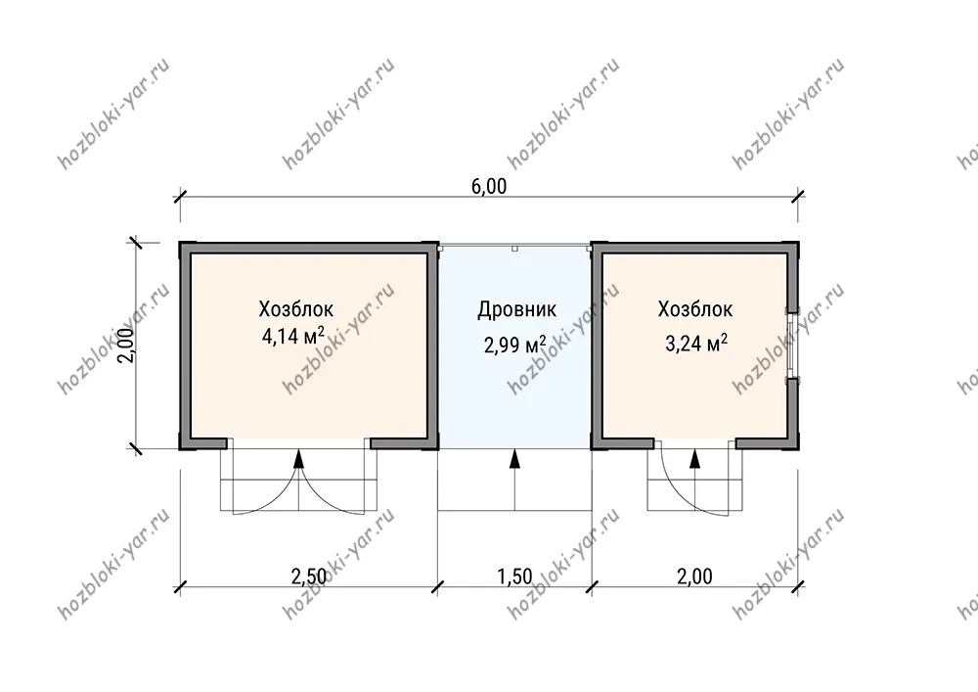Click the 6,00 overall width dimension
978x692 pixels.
(x=489, y=187)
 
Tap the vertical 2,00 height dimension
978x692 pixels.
(x=126, y=346)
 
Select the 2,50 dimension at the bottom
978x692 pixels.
(x=309, y=576)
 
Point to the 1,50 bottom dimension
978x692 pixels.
(x=514, y=576)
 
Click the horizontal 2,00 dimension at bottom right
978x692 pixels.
(x=694, y=576)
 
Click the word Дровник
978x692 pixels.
(x=517, y=309)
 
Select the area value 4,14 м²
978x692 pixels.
(x=293, y=337)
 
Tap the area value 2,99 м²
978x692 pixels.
(x=515, y=344)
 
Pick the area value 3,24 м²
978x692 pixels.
(x=696, y=343)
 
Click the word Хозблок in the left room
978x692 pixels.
(x=295, y=309)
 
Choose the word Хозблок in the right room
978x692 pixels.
(x=694, y=309)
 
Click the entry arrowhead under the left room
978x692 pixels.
(x=298, y=459)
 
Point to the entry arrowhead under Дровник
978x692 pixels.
(x=514, y=459)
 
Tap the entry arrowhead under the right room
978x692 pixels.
(x=694, y=459)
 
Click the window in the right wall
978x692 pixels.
(x=791, y=346)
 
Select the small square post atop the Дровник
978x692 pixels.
(x=514, y=249)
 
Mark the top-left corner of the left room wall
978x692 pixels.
(x=180, y=242)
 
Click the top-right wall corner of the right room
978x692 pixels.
(x=798, y=242)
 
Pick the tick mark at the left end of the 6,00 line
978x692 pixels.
(x=180, y=197)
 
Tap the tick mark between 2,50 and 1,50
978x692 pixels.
(x=438, y=586)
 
